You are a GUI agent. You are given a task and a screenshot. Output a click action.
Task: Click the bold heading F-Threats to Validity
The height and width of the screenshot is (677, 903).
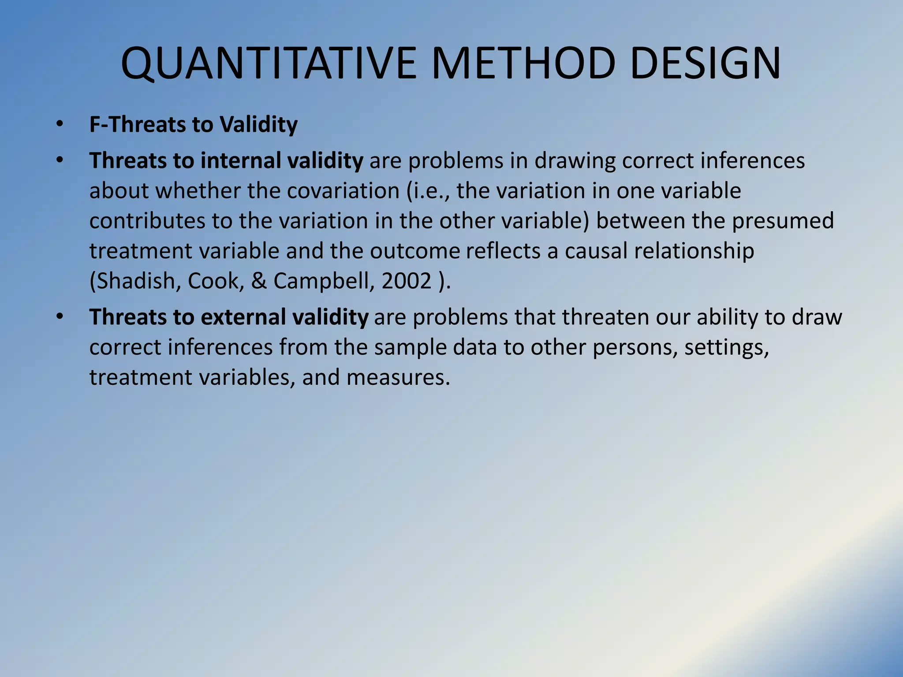coord(193,124)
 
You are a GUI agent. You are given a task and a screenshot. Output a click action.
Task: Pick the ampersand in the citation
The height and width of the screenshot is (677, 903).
coord(259,281)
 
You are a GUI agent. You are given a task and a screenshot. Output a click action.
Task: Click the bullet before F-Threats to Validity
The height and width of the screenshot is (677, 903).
coord(60,125)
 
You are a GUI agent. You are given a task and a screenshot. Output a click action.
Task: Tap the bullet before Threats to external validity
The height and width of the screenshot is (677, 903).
coord(60,317)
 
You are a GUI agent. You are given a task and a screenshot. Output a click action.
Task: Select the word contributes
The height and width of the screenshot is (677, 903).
coord(147,220)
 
